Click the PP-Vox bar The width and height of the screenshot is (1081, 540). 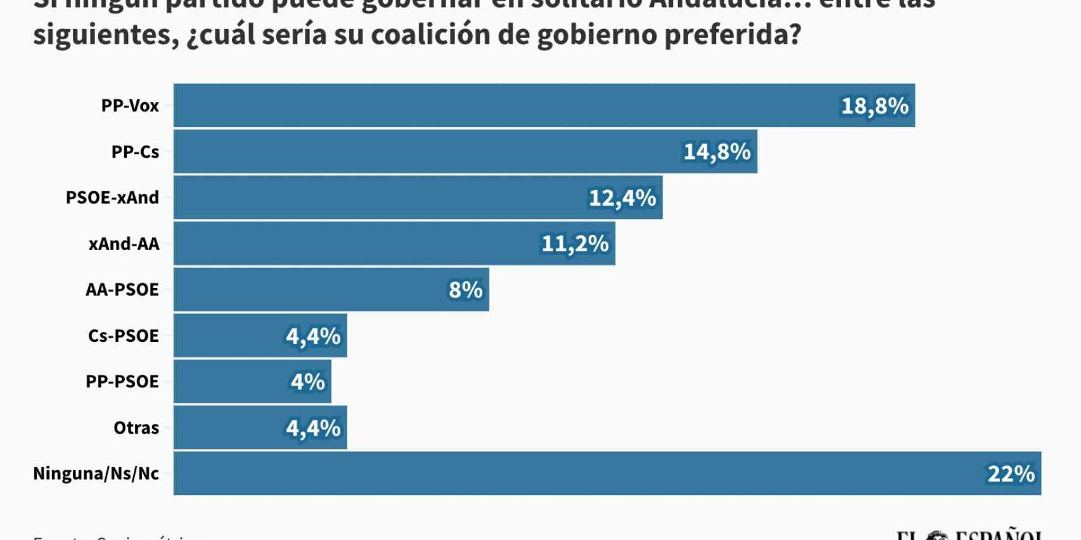507,106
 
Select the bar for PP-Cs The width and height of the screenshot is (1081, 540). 431,152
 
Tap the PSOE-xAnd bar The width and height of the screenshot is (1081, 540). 380,198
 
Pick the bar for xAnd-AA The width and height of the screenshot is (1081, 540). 355,244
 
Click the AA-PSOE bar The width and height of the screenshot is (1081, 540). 304,290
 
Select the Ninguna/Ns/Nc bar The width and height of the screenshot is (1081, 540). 570,474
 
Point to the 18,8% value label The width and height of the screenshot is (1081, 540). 874,106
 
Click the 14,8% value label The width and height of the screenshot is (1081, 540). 717,152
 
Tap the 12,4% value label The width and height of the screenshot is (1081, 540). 622,198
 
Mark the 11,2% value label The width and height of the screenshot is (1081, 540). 575,244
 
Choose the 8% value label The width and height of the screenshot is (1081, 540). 465,290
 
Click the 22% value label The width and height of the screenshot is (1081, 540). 1011,474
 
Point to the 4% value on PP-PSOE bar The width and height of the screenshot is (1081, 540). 307,382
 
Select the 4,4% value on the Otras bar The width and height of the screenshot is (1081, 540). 313,428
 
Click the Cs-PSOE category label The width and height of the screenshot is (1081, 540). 123,336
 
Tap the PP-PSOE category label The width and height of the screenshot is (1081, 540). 122,382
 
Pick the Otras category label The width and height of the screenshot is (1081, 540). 136,428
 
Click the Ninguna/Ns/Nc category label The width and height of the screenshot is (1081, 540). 96,474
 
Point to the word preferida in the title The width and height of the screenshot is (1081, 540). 732,35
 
